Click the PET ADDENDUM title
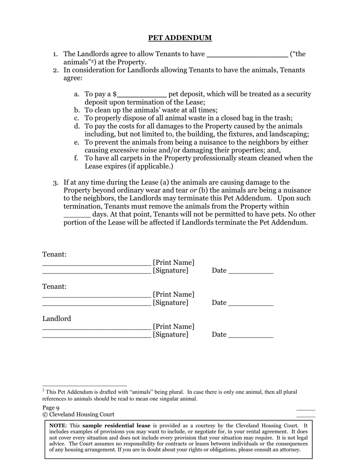180,38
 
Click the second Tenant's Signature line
96,304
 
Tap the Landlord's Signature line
96,336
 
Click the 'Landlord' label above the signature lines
56,319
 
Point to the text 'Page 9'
51,408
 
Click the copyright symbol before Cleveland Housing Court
45,414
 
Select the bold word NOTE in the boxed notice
57,425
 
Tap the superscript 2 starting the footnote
44,390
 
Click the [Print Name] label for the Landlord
174,327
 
